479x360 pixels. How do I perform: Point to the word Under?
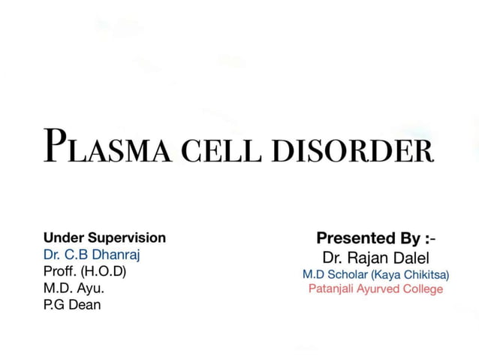point(61,238)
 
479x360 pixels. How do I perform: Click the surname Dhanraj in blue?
point(115,254)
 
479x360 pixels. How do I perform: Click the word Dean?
point(84,304)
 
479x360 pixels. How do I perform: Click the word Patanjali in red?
point(334,289)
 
